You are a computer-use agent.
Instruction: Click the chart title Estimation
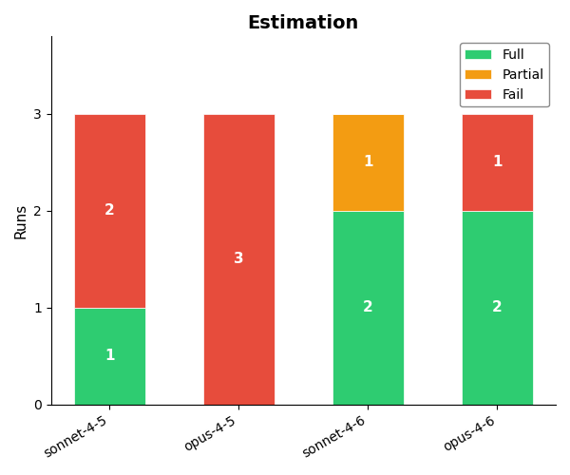click(x=303, y=23)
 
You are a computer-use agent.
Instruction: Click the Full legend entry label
click(x=513, y=55)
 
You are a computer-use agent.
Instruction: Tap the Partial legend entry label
click(x=522, y=75)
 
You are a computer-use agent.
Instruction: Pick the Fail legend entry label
click(x=512, y=95)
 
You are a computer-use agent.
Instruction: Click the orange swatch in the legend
click(x=479, y=75)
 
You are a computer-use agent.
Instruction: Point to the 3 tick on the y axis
click(x=37, y=114)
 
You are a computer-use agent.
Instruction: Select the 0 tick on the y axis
click(x=37, y=405)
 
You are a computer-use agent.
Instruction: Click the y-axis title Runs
click(x=21, y=221)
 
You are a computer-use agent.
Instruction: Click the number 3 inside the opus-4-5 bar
click(x=238, y=258)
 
